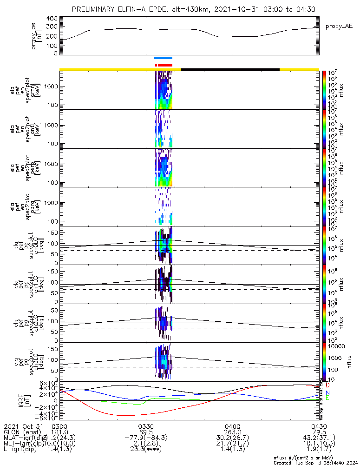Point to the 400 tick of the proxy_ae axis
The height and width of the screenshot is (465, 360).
pos(52,19)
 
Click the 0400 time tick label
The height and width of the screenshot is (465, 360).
pos(232,426)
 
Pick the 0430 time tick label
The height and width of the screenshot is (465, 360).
pos(319,426)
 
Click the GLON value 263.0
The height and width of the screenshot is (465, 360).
pos(232,432)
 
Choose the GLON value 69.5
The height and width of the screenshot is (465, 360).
pos(146,432)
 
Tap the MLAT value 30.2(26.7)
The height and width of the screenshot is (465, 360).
pos(232,438)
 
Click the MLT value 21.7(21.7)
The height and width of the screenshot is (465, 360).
pos(232,444)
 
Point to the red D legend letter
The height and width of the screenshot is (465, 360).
pos(327,385)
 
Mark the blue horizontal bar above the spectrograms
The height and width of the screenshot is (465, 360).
pos(164,58)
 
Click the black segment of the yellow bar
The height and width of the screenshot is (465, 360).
pos(230,69)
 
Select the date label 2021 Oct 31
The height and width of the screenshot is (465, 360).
pos(23,426)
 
